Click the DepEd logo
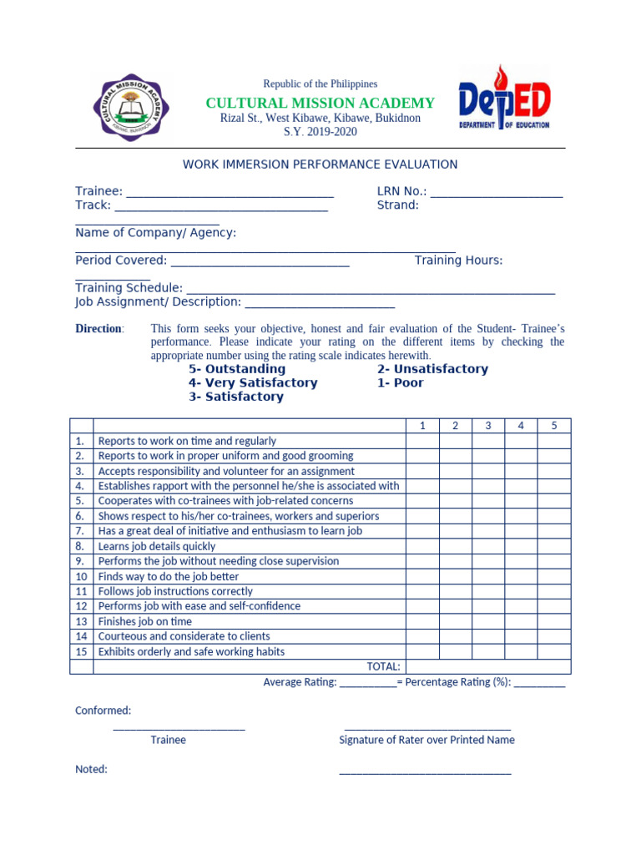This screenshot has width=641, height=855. point(504,99)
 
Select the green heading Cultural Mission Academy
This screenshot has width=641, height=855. point(320,103)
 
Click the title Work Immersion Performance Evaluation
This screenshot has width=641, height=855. point(320,164)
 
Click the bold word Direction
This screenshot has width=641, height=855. point(98,328)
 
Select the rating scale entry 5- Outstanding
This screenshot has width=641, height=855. point(237,369)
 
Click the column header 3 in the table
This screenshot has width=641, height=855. point(487,426)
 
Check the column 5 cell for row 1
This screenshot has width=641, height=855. point(553,441)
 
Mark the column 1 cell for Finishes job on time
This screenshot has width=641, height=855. point(422,621)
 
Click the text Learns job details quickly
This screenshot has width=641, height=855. point(157,546)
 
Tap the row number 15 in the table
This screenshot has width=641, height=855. point(81,651)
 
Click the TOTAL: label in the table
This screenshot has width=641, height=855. point(383,666)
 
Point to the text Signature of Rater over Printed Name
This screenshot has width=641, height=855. point(426,740)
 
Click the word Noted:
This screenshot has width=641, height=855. point(91,769)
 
